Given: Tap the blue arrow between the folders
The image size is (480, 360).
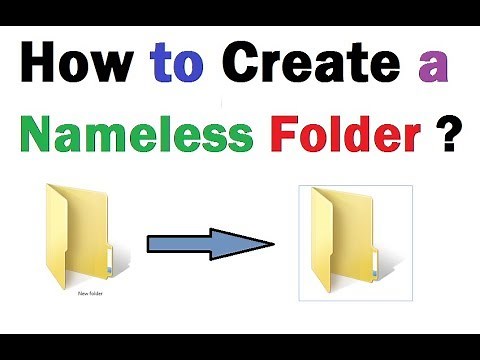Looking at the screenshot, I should point(210,243).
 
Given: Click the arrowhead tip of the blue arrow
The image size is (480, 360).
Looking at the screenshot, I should point(272,243).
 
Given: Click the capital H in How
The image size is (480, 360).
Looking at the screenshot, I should point(38,69).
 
